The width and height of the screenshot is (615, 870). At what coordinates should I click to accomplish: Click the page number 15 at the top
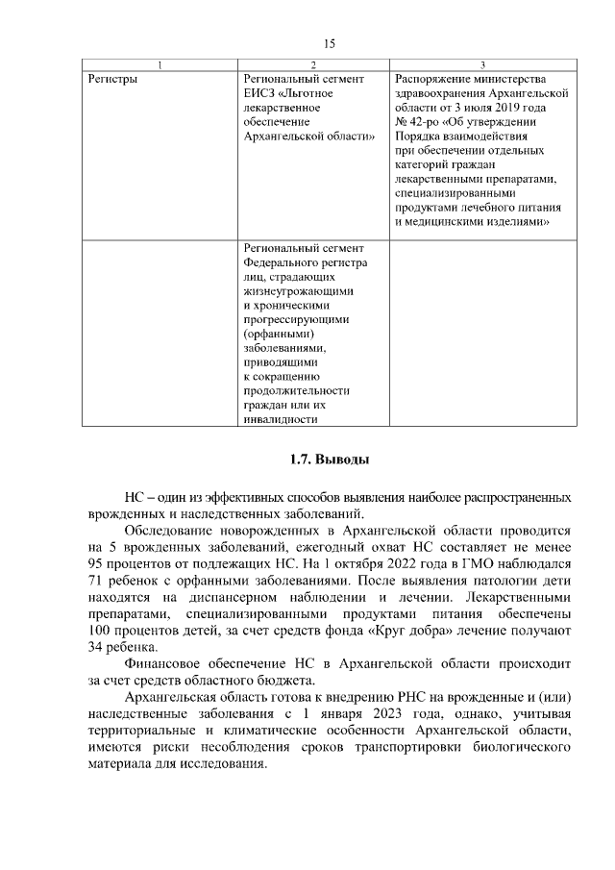(x=329, y=43)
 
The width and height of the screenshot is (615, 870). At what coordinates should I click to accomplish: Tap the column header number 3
(x=482, y=64)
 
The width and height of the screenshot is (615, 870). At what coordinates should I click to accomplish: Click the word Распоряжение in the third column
(x=432, y=79)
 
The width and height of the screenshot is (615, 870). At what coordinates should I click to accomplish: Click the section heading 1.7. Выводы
(x=329, y=460)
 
